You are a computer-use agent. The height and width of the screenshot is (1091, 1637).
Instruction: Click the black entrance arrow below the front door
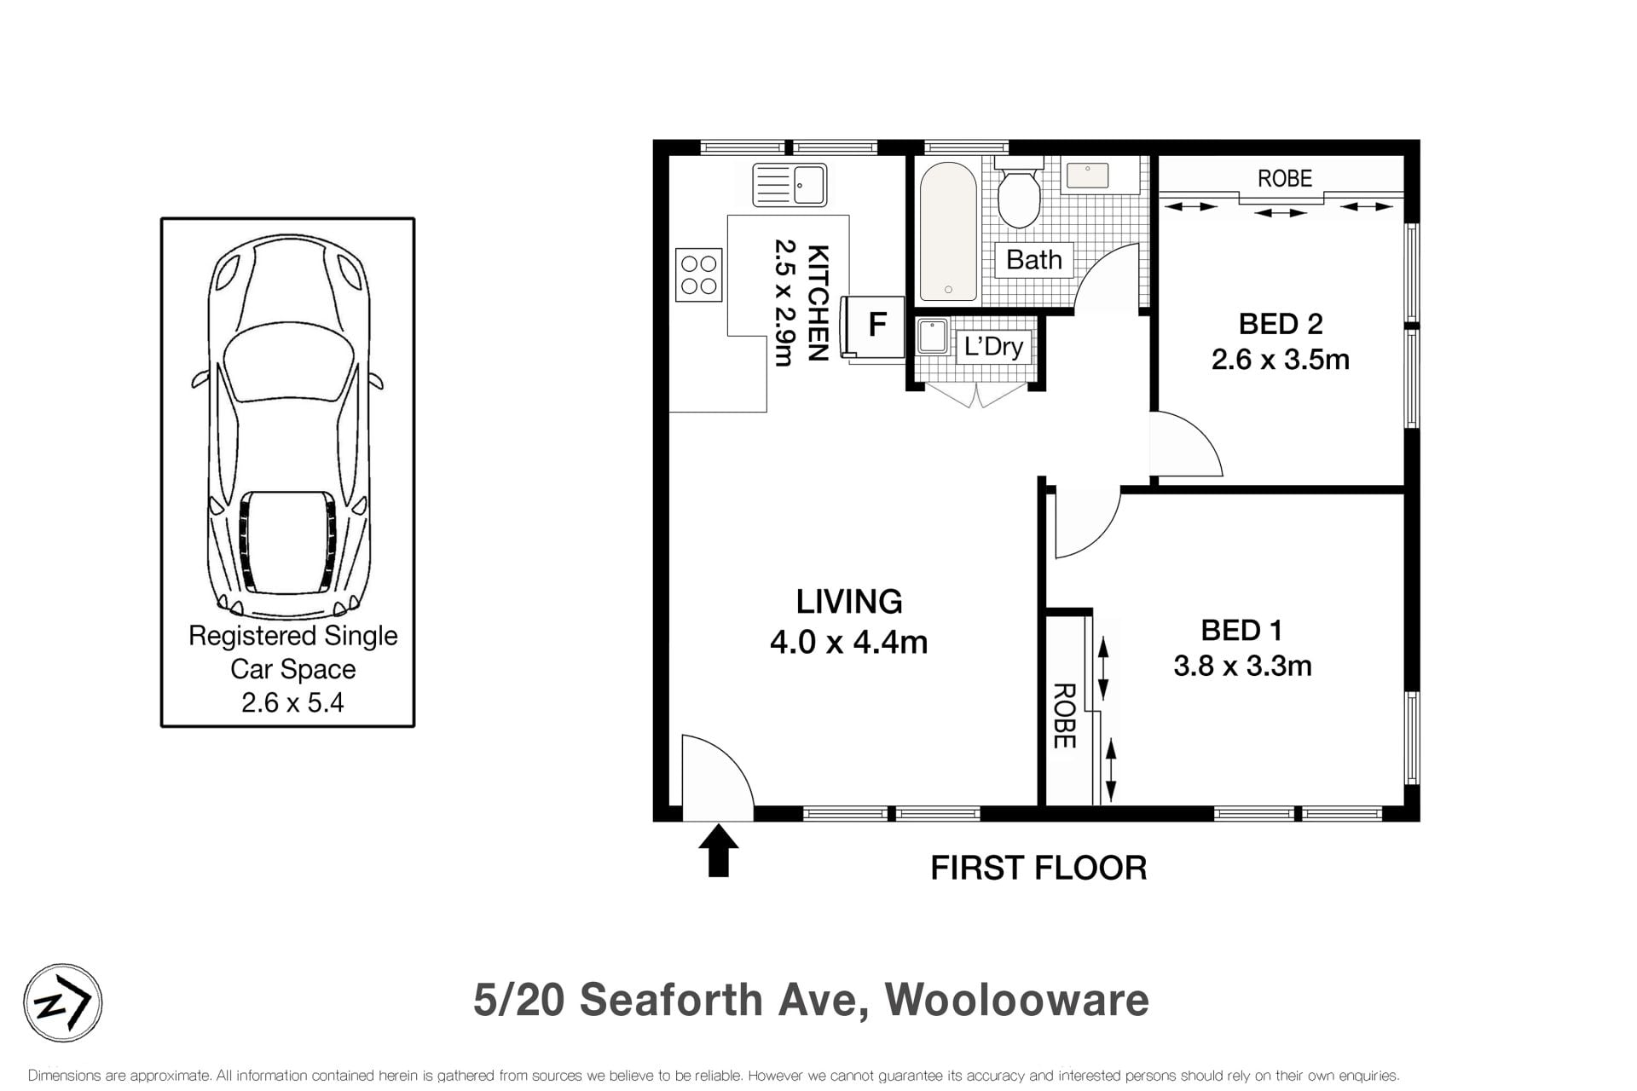tap(718, 850)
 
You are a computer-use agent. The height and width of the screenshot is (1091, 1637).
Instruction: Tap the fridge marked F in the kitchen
tap(873, 326)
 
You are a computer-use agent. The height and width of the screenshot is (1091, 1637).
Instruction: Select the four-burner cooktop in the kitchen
tap(699, 274)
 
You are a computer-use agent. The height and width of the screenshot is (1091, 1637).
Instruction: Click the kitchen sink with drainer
tap(790, 185)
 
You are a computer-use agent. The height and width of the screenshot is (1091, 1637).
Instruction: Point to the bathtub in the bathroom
tap(948, 231)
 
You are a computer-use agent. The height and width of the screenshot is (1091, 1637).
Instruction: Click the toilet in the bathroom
tap(1019, 192)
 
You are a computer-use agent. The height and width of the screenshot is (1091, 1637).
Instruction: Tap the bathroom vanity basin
tap(1088, 175)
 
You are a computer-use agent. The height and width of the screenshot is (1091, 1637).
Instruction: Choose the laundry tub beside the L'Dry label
tap(933, 337)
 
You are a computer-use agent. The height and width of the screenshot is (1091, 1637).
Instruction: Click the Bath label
tap(1033, 259)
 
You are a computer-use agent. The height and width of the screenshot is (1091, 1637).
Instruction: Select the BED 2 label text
tap(1281, 324)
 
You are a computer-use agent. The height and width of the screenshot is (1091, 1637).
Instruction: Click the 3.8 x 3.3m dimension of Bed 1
tap(1242, 666)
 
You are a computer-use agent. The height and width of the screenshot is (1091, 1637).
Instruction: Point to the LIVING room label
tap(849, 602)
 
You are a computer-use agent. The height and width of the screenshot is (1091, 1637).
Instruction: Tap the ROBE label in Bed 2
tap(1285, 179)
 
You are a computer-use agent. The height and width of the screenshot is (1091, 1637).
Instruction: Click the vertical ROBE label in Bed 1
tap(1063, 716)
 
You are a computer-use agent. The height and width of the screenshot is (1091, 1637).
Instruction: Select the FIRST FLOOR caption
tap(1038, 869)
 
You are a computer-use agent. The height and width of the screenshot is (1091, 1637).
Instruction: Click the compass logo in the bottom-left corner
tap(63, 1003)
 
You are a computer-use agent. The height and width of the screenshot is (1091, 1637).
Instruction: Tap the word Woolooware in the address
tap(1017, 1000)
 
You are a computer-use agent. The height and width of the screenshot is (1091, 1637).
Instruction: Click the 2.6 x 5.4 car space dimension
tap(292, 702)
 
